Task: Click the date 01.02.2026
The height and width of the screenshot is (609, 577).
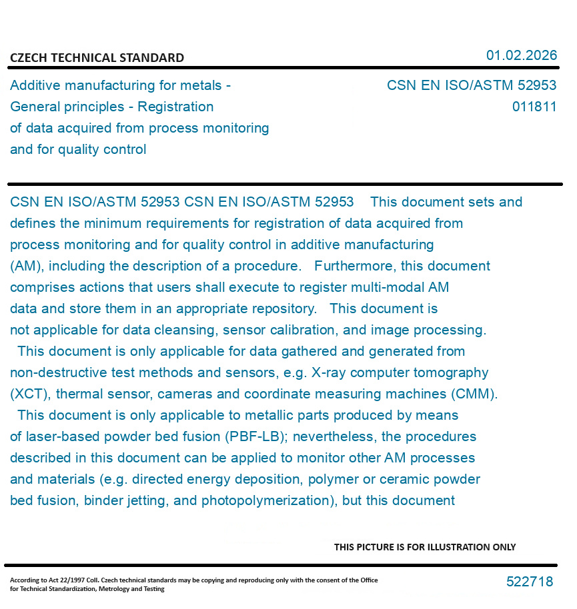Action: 521,55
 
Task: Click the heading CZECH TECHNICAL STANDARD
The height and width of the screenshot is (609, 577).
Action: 97,58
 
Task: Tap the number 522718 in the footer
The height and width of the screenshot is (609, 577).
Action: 530,582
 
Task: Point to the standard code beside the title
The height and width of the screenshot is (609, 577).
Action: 471,85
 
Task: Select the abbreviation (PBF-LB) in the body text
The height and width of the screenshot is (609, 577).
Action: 256,436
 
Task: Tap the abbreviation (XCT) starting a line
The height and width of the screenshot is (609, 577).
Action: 27,394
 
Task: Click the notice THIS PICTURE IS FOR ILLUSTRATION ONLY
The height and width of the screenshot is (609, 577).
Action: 425,547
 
